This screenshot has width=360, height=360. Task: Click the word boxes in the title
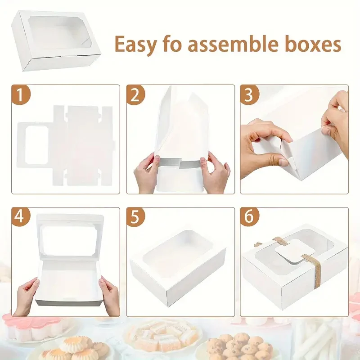coord(317,44)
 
